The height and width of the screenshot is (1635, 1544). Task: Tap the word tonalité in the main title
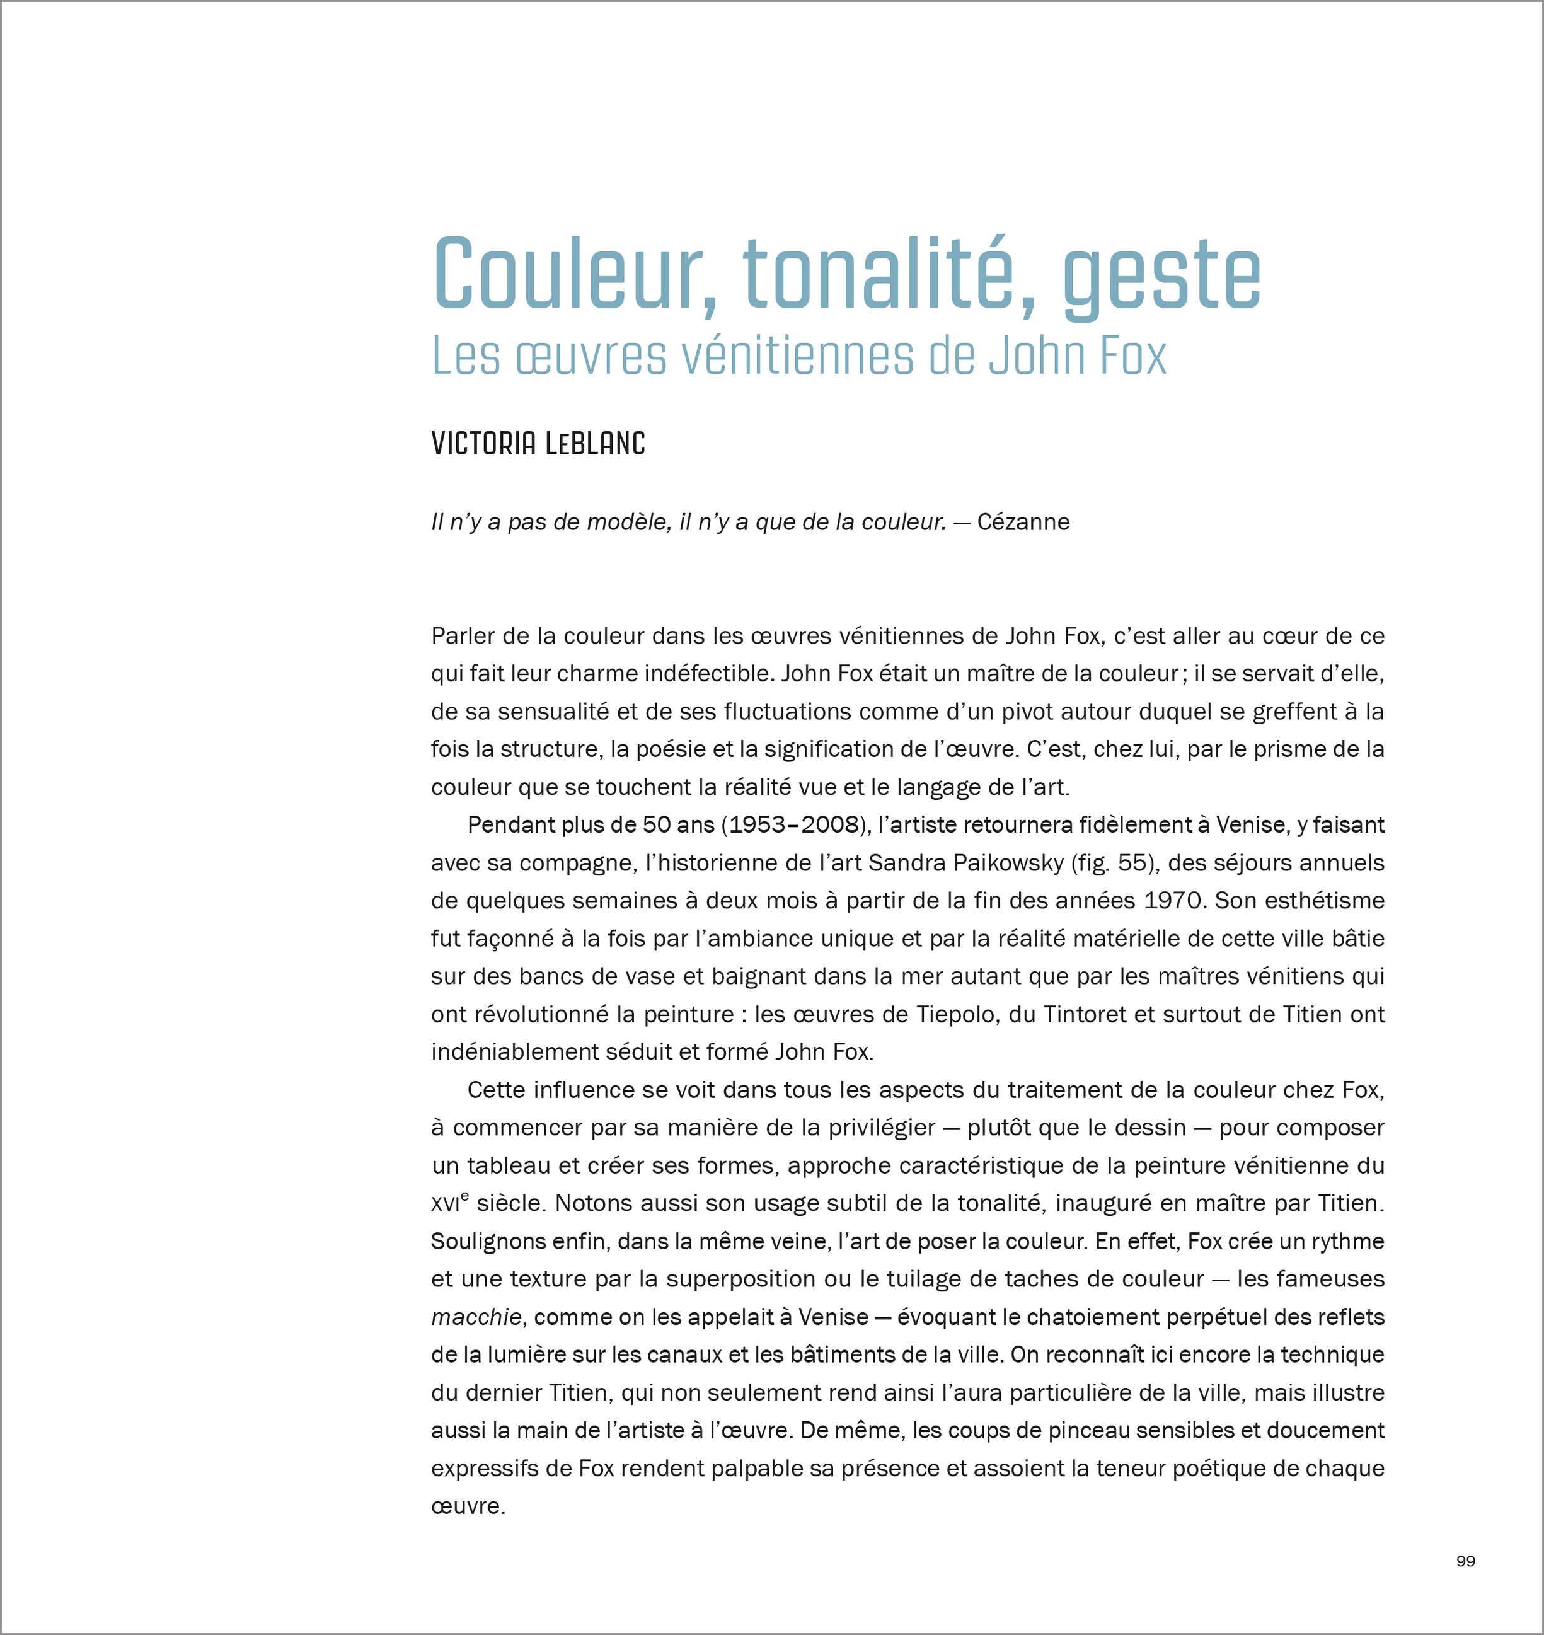tap(876, 274)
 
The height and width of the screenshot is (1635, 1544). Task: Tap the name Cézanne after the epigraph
tap(1023, 522)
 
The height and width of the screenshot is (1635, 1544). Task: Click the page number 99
tap(1466, 1561)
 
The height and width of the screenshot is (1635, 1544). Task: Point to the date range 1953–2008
tap(795, 825)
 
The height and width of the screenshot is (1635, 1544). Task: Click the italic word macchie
tap(476, 1317)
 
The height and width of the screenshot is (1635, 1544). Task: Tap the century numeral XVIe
tap(449, 1204)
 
